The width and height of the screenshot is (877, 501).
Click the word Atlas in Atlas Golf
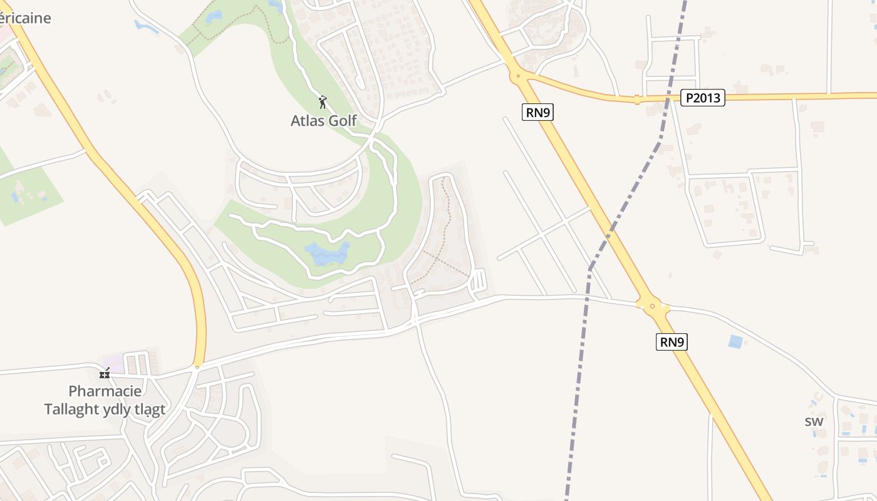[307, 120]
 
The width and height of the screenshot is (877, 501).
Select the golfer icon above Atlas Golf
[323, 102]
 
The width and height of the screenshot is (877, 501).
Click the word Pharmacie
[105, 391]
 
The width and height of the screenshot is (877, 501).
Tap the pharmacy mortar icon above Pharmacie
[105, 373]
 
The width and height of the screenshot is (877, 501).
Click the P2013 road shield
[702, 98]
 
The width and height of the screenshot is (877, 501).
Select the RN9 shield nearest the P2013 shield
[537, 112]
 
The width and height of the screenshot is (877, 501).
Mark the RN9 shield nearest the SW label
[672, 342]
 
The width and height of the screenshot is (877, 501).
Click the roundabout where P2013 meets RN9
[518, 76]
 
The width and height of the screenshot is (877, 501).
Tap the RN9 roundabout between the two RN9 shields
[652, 306]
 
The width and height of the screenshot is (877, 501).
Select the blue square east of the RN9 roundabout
[735, 342]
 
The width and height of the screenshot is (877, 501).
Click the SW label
[814, 421]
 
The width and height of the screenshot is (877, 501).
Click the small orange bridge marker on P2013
[636, 99]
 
